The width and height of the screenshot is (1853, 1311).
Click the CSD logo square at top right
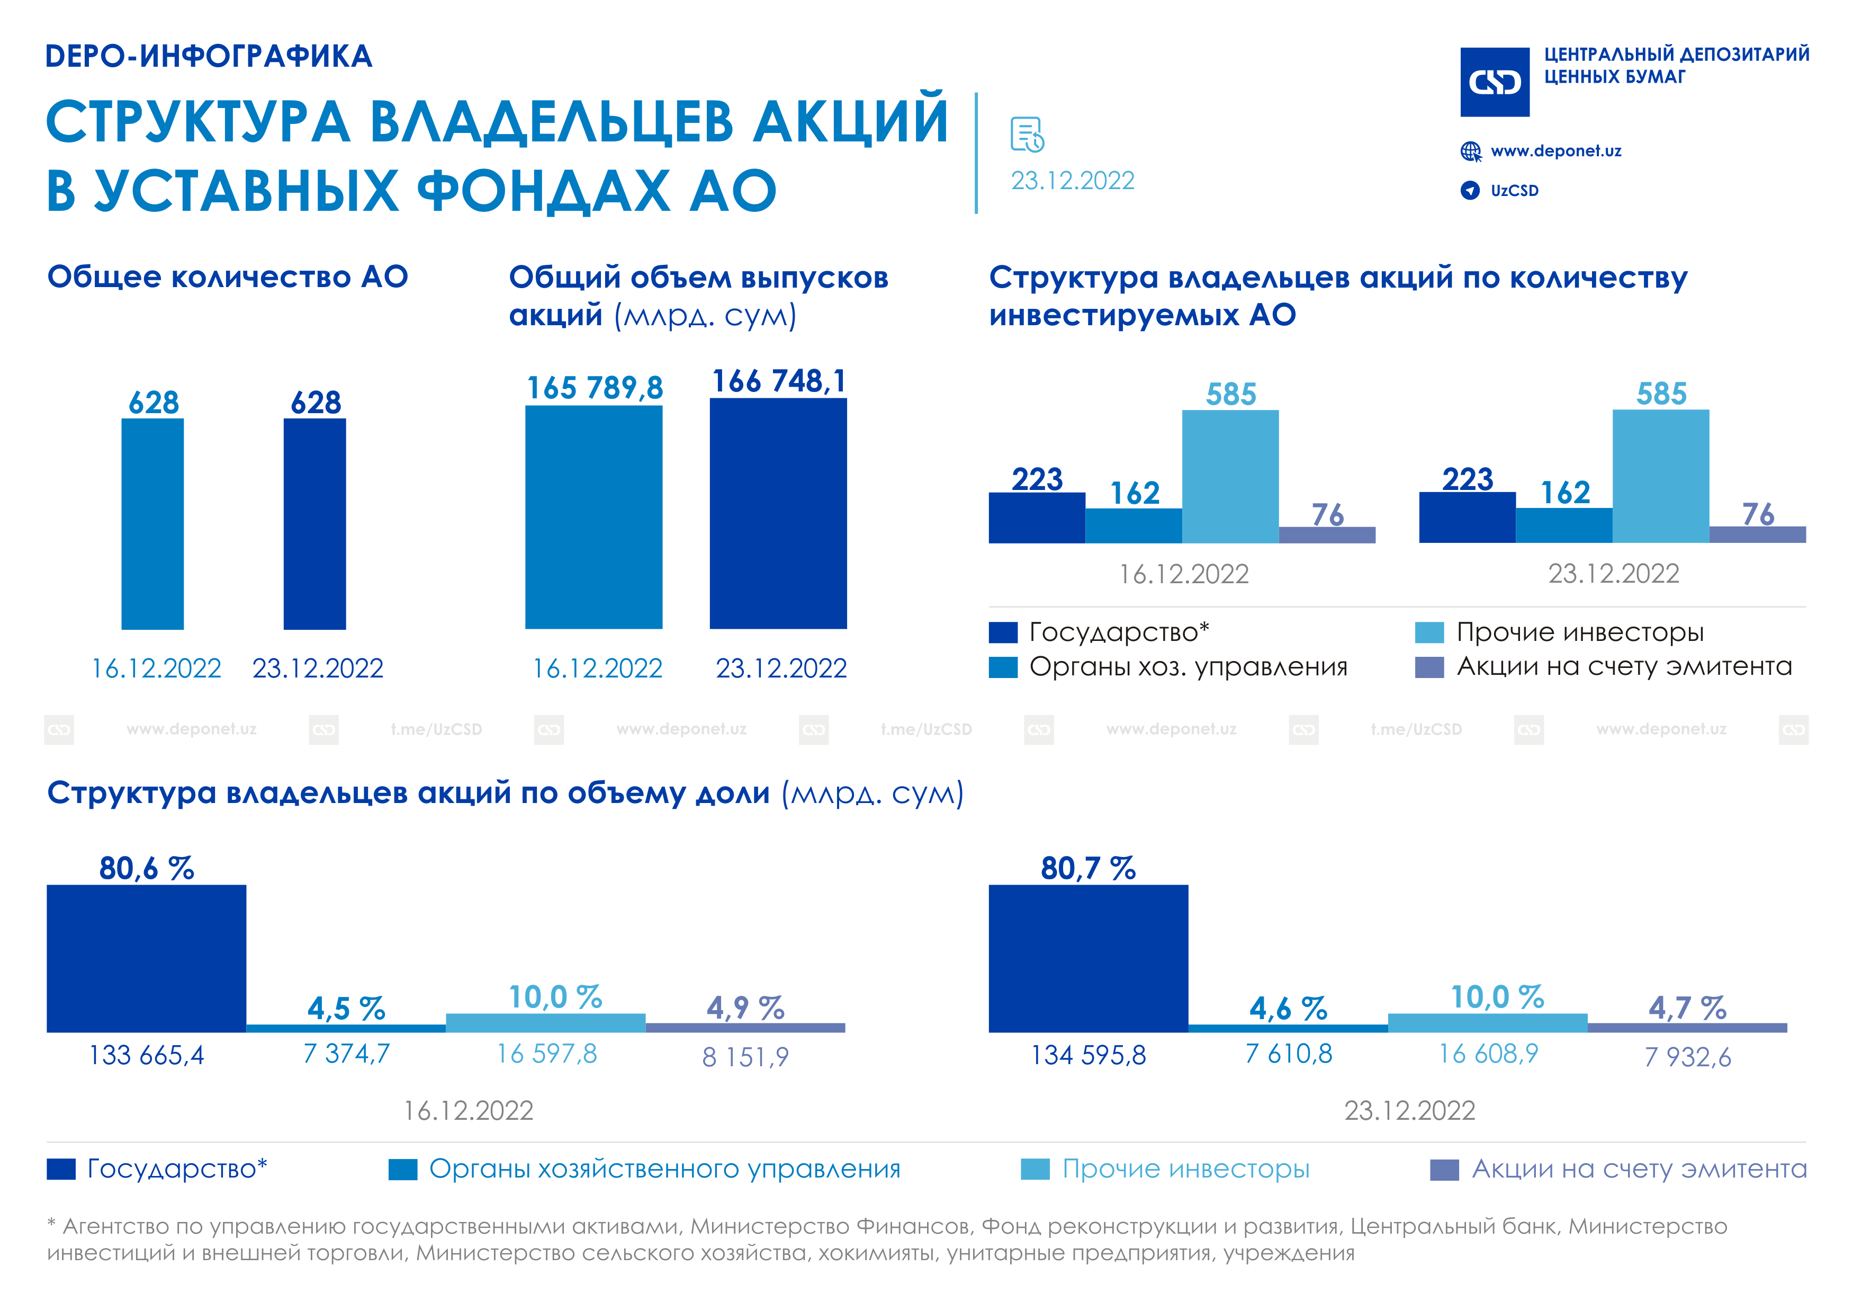click(x=1495, y=82)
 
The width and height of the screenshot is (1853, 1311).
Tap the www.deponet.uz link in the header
click(x=1555, y=151)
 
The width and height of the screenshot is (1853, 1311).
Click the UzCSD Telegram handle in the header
click(x=1514, y=191)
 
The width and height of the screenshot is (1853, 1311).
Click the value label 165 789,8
click(x=595, y=388)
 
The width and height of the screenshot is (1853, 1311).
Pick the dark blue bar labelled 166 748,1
click(x=778, y=513)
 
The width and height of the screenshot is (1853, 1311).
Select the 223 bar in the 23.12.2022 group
click(x=1467, y=518)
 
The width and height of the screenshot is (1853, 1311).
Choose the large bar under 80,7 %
click(x=1088, y=958)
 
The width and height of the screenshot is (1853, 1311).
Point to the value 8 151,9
click(x=745, y=1057)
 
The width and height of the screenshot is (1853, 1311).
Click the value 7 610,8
click(x=1288, y=1054)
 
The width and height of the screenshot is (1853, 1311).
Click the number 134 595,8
click(x=1088, y=1055)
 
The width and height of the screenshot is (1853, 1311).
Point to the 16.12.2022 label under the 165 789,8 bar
click(x=597, y=668)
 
